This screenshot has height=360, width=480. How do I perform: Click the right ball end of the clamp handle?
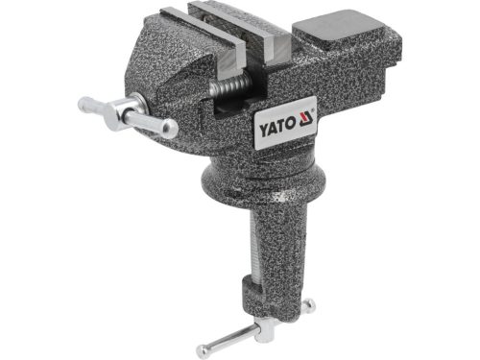coord(309,305)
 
